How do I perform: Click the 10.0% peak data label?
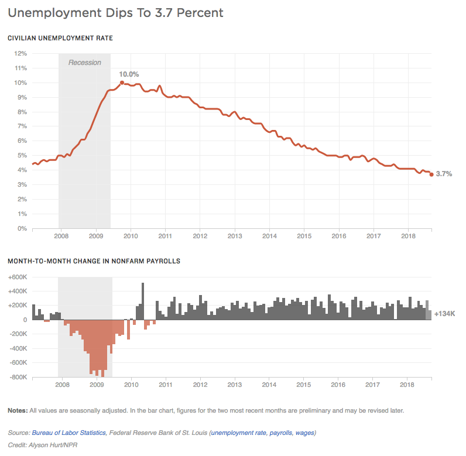pos(129,74)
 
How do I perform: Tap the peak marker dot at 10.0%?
pos(122,83)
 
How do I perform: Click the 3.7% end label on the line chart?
pos(444,174)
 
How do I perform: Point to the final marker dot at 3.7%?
pos(431,174)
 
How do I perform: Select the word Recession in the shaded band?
pos(85,63)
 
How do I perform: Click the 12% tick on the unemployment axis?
pos(20,53)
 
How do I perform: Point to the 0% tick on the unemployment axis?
pos(22,228)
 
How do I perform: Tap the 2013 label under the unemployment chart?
pos(235,236)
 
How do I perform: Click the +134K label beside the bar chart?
pos(445,314)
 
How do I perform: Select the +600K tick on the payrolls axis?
pos(18,277)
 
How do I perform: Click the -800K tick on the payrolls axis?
pos(18,378)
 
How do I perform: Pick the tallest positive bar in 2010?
pos(142,301)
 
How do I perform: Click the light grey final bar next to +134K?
pos(429,314)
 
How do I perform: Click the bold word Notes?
pos(17,410)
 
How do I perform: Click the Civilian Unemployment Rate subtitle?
pos(60,38)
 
